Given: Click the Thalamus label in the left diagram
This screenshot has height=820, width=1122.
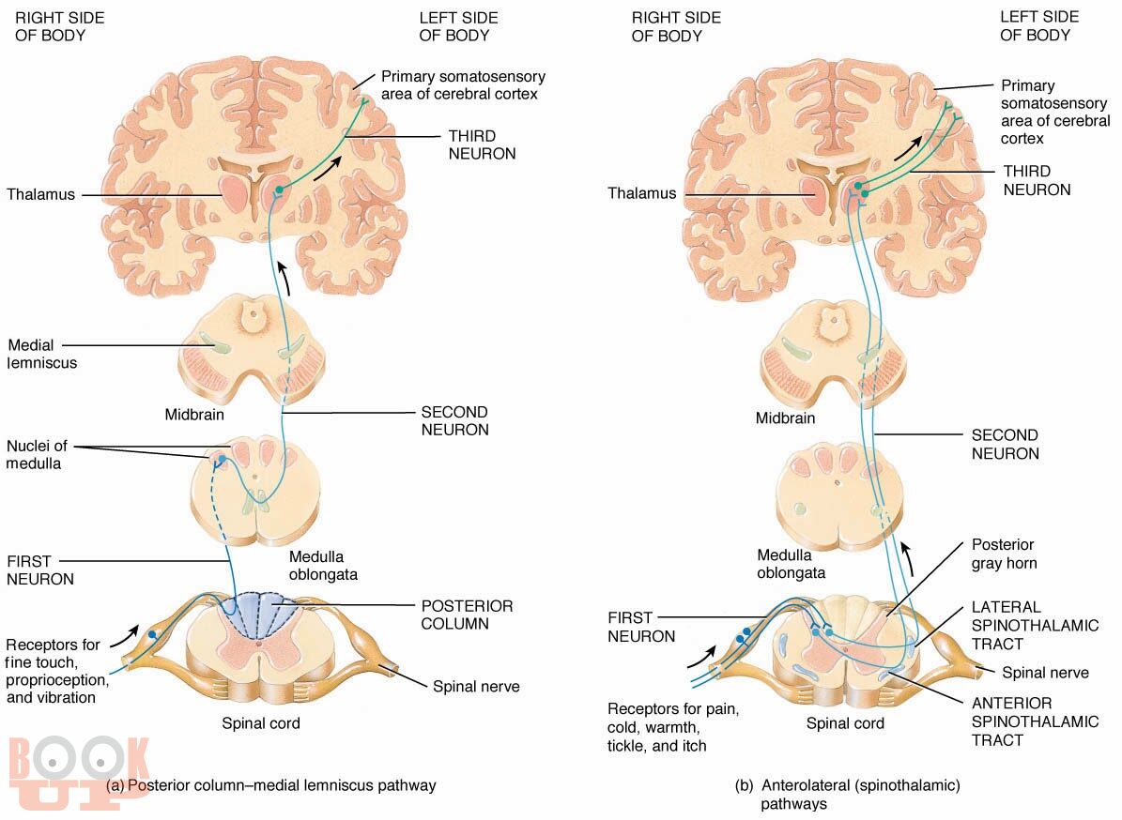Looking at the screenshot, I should pos(40,195).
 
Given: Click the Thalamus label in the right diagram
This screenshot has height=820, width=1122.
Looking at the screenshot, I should pos(641,193).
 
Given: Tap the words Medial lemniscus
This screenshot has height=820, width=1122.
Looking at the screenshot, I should pos(42,354).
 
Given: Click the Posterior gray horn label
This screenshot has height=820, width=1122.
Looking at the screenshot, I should pos(1004,554).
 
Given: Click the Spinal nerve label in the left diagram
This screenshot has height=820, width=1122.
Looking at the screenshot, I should pos(476,687).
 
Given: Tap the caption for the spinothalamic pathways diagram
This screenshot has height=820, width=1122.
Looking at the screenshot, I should pos(847,794).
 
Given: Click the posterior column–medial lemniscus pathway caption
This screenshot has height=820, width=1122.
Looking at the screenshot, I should pos(271,785).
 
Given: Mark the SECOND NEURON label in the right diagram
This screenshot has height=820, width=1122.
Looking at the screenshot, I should pos(1005,445).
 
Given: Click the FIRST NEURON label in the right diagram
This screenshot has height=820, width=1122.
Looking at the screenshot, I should pos(641,628).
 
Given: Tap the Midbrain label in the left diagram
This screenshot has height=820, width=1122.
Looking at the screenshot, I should pos(194,414).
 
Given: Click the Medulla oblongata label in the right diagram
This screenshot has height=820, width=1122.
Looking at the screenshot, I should pos(791,563).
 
